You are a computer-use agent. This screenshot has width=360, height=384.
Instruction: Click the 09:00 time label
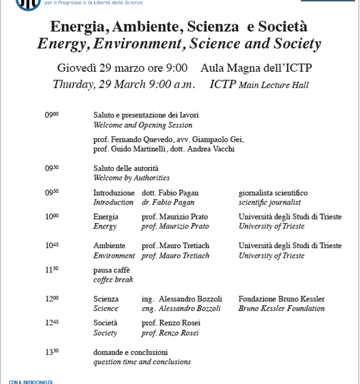click(52, 115)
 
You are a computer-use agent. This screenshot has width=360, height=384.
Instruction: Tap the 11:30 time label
click(52, 269)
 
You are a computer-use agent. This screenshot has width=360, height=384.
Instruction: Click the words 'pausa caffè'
click(112, 270)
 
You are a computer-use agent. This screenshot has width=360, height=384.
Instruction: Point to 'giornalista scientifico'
click(273, 193)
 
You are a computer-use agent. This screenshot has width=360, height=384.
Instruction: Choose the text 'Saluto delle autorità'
click(126, 168)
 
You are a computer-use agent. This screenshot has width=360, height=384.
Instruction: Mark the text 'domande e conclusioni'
click(130, 353)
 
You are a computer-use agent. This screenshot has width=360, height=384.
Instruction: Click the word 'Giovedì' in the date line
click(77, 68)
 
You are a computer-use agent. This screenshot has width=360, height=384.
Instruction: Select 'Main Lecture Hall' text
click(273, 85)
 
